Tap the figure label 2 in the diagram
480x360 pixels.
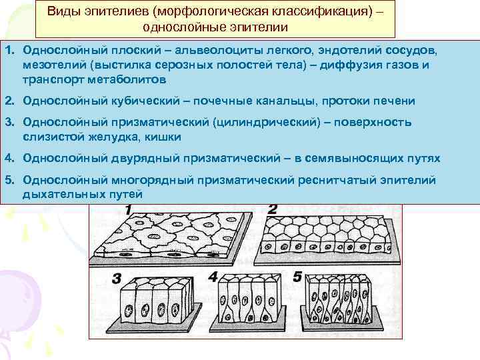click(x=272, y=209)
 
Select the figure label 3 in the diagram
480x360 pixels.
click(x=115, y=278)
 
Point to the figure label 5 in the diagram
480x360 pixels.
click(x=297, y=275)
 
